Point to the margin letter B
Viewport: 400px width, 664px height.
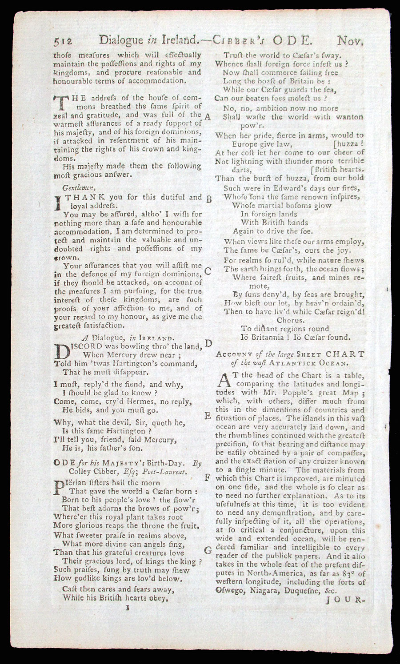(208, 199)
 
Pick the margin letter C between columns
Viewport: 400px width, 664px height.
(208, 271)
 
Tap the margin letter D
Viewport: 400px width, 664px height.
(208, 343)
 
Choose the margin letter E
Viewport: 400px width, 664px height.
(208, 416)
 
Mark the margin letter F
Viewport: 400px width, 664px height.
(208, 477)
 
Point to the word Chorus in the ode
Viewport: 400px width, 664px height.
(290, 320)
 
